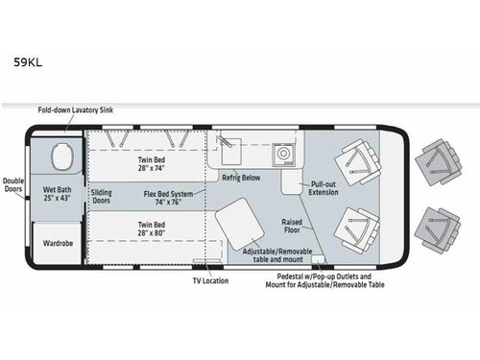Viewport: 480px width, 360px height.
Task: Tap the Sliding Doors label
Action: [101, 197]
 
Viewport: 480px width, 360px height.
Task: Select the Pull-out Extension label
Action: [322, 188]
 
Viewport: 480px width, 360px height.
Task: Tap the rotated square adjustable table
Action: [236, 228]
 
